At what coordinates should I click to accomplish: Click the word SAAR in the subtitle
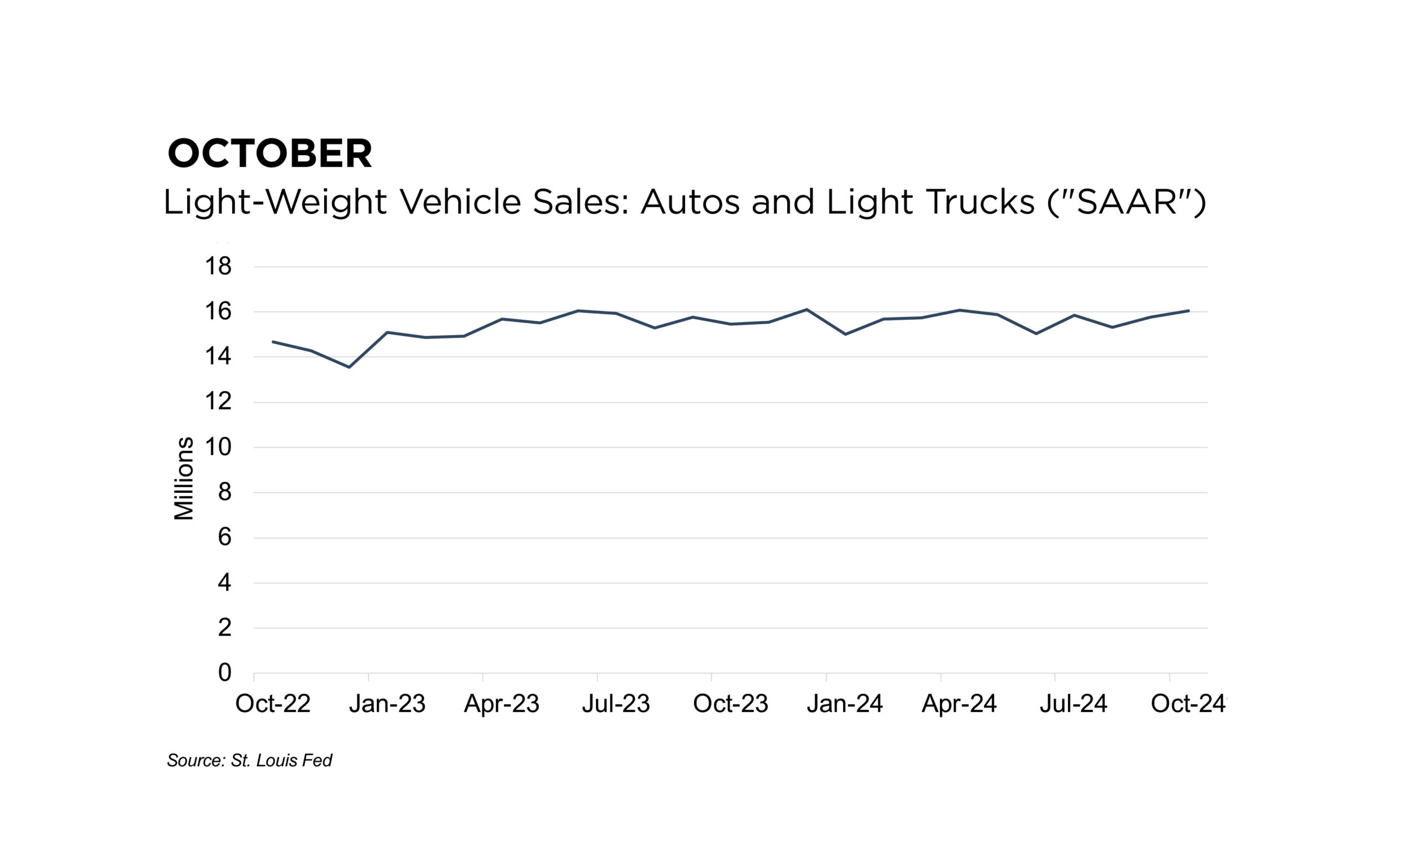point(1126,202)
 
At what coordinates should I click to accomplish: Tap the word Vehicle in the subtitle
point(459,202)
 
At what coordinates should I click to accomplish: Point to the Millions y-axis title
point(183,478)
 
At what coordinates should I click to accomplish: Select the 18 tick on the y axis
point(218,267)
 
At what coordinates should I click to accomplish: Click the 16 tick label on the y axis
point(218,312)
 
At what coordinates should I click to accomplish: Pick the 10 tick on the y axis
point(218,447)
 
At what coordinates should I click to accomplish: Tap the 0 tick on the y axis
point(224,672)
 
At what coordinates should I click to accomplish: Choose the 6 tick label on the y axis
point(224,538)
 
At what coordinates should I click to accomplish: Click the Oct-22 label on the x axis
point(273,703)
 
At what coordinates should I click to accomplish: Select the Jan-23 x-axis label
point(387,703)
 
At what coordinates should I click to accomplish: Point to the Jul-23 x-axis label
point(615,703)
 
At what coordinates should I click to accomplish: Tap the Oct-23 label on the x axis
point(730,703)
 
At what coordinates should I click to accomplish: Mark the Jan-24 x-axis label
point(844,703)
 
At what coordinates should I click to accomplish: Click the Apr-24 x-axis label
point(959,703)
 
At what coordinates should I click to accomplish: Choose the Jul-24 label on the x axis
point(1073,703)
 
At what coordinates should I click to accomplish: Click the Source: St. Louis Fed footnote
point(249,760)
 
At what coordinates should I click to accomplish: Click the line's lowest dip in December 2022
point(350,367)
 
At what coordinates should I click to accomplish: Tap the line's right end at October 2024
point(1188,311)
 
